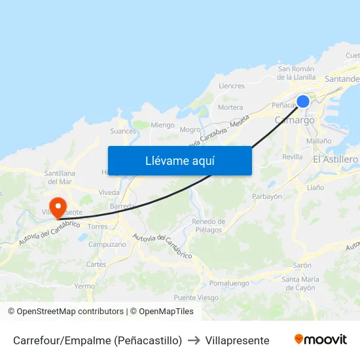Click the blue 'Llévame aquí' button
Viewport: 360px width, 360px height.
pos(179,161)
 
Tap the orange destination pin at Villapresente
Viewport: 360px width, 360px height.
pos(58,207)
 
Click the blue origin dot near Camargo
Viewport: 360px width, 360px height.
pos(303,101)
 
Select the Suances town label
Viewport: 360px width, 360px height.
pos(123,131)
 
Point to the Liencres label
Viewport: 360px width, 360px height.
pos(232,86)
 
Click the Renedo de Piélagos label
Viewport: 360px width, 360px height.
pos(208,226)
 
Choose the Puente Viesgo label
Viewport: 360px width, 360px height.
pos(196,297)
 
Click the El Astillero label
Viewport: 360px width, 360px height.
pos(335,159)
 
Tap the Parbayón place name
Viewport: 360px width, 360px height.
pos(267,196)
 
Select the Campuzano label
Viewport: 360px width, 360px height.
pos(107,244)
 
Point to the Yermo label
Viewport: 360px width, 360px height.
pos(84,286)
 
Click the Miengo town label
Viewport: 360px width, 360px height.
pos(162,125)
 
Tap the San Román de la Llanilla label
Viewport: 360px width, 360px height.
pos(297,73)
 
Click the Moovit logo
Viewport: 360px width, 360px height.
pos(321,340)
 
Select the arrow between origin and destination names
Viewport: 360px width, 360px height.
pos(194,340)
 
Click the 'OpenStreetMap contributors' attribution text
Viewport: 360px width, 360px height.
pos(70,312)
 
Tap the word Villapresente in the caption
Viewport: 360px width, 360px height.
pos(237,340)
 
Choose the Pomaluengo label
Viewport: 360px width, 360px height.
pos(229,283)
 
